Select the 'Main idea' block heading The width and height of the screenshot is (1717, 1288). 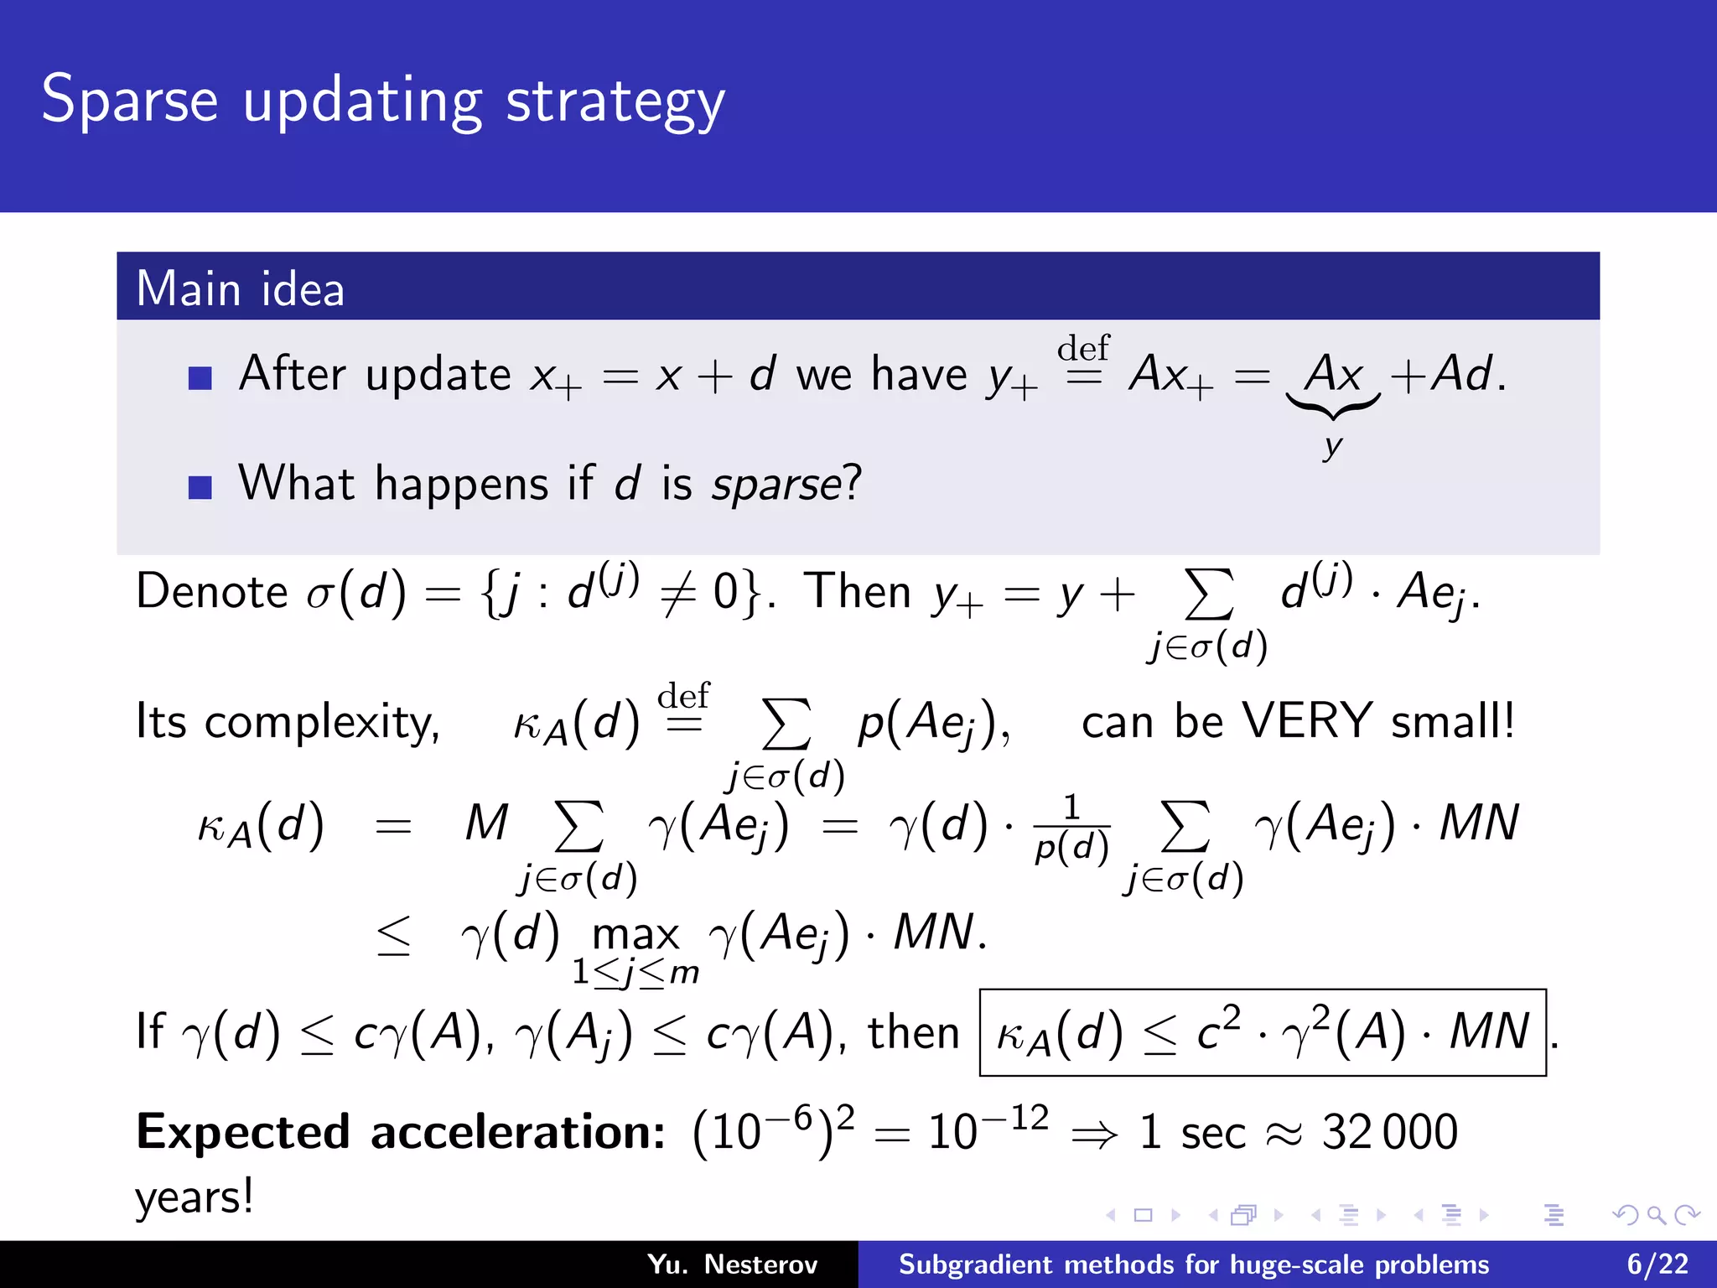(x=240, y=288)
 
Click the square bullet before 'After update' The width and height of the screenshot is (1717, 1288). (x=200, y=378)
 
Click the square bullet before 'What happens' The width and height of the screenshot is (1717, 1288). (x=200, y=487)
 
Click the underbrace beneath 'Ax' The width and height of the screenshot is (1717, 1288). (x=1333, y=408)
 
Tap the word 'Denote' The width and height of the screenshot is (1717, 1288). (x=212, y=592)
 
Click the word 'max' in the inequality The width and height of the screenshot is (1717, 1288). (x=635, y=934)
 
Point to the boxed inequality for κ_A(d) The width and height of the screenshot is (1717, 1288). (x=1263, y=1031)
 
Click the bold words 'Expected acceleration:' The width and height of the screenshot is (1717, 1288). (x=401, y=1132)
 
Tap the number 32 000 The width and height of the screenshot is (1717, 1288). (x=1390, y=1132)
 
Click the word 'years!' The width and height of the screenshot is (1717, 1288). (x=195, y=1197)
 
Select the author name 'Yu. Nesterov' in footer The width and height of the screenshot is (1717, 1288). (x=732, y=1264)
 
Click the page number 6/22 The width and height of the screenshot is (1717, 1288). (x=1657, y=1264)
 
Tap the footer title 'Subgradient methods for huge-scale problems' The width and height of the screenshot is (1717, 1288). (x=1194, y=1264)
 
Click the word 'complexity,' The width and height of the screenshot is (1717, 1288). (x=322, y=723)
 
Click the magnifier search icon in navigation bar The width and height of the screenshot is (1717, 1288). (x=1656, y=1215)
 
